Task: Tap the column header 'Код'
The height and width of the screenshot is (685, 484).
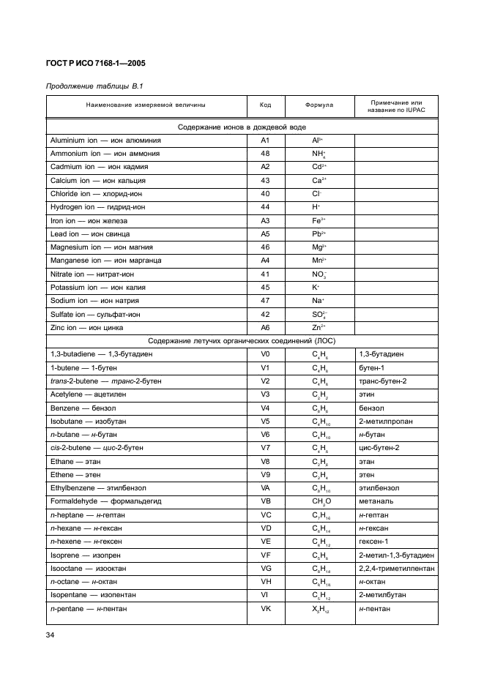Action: click(265, 105)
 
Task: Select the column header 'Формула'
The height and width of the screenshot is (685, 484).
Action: click(319, 105)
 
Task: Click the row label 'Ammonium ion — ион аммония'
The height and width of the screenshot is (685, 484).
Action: click(105, 154)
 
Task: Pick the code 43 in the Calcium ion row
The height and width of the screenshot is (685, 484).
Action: click(265, 180)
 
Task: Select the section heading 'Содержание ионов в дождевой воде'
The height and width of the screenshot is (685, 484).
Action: click(242, 127)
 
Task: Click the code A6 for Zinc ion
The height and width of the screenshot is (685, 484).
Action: click(265, 327)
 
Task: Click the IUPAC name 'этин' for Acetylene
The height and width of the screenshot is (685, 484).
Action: click(366, 394)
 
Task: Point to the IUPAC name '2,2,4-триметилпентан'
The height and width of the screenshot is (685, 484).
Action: click(396, 568)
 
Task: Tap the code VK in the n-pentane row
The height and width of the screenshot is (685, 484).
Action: click(265, 608)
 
